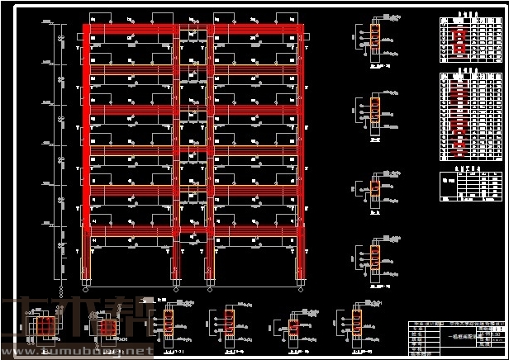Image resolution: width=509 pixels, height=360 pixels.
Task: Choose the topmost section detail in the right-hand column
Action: pyautogui.click(x=373, y=37)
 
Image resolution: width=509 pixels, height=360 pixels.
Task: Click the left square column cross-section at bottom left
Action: pyautogui.click(x=46, y=325)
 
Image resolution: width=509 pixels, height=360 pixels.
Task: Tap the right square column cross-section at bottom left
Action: pyautogui.click(x=106, y=326)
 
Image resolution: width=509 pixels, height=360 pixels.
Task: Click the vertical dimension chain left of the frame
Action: pyautogui.click(x=60, y=149)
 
